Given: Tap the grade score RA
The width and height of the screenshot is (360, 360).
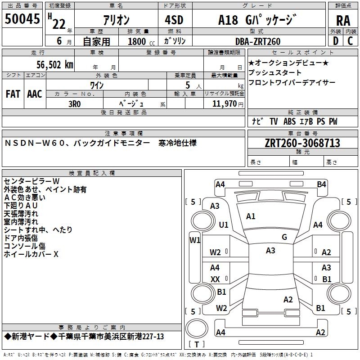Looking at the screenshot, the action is (x=343, y=20).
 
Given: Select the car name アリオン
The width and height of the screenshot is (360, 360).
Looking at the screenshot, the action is (x=116, y=20).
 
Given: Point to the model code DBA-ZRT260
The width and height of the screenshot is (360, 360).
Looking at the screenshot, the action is (x=258, y=41).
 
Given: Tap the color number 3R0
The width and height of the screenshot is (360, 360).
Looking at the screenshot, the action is (x=75, y=103).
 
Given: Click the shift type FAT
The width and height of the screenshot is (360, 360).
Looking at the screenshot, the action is (x=13, y=94).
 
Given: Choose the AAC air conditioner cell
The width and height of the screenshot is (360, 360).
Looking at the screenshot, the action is (x=34, y=94).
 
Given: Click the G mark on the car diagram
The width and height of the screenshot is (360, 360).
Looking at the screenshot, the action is (x=284, y=237).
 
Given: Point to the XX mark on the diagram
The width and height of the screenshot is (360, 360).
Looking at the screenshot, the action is (x=215, y=279).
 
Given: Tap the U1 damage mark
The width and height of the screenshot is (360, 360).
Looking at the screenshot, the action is (x=224, y=225).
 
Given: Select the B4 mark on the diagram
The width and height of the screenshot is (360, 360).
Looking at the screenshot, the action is (x=321, y=184).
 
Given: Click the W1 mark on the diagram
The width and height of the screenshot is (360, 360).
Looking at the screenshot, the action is (x=194, y=240).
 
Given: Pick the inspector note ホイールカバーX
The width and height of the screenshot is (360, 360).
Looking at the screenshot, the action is (x=31, y=254).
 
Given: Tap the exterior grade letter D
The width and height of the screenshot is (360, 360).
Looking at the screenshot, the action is (x=335, y=41).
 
